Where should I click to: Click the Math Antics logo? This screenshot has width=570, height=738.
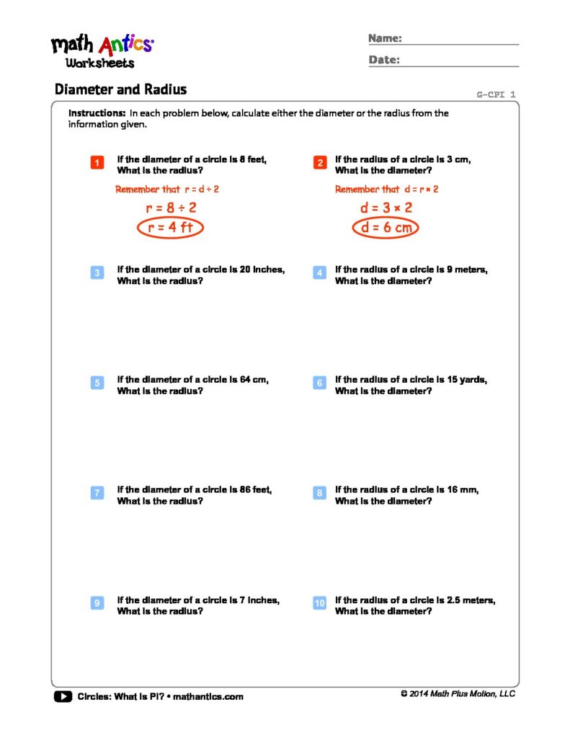tap(102, 50)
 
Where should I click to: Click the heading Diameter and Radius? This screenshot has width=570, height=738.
tap(120, 89)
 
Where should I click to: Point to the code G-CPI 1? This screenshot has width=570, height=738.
tap(496, 94)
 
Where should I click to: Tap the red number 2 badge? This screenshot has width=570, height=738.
tap(320, 164)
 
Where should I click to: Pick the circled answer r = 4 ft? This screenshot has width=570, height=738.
tap(172, 228)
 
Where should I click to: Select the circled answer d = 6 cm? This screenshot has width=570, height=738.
tap(386, 228)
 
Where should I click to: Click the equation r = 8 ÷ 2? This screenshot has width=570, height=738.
tap(172, 208)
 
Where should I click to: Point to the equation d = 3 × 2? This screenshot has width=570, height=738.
tap(386, 208)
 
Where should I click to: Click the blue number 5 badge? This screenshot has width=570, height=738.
tap(97, 383)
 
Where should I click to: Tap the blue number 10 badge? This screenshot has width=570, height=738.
tap(320, 603)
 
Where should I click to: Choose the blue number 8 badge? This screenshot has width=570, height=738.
tap(320, 494)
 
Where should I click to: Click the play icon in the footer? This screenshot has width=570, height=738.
tap(63, 696)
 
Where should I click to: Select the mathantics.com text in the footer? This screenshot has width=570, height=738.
tap(208, 697)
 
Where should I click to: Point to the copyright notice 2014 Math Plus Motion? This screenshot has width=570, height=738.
tap(458, 694)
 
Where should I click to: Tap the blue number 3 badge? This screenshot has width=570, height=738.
tap(97, 273)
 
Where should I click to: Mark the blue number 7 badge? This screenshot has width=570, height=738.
tap(97, 494)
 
